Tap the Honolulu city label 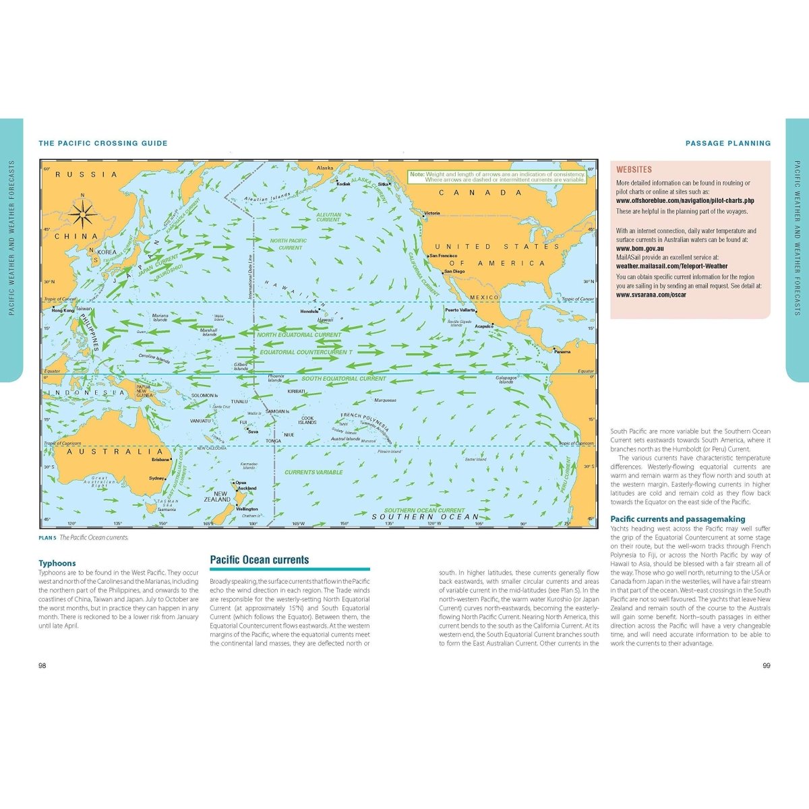tap(310, 311)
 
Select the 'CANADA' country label tap(481, 193)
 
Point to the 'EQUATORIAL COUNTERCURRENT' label tap(306, 352)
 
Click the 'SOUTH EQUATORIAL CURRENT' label tap(344, 379)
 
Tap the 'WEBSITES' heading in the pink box tap(634, 170)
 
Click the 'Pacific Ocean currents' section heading tap(260, 560)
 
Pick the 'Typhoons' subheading tap(57, 564)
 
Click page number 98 tap(42, 665)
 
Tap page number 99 tap(767, 665)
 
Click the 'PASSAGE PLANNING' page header tap(728, 143)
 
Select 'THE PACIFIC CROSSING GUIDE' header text tap(103, 143)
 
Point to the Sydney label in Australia tap(156, 479)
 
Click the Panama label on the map tap(562, 352)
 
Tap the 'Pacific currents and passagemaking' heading tap(678, 519)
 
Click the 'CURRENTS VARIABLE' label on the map tap(313, 472)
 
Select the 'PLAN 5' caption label tap(47, 538)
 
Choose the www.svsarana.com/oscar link tap(651, 295)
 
